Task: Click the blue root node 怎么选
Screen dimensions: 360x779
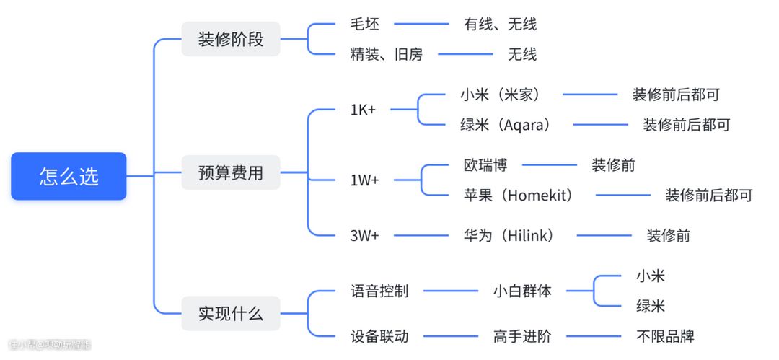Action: pos(69,176)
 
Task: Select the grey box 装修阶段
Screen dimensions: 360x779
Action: pos(231,39)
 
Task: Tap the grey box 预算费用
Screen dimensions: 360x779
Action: pos(231,173)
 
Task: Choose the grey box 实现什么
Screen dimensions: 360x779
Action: pos(231,314)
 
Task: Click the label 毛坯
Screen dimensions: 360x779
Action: pos(364,24)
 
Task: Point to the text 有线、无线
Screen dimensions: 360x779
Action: pos(500,24)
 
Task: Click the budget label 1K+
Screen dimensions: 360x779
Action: pos(364,110)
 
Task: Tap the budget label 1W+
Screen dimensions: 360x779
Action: pos(364,180)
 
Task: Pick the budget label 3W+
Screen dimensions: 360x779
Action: pos(364,235)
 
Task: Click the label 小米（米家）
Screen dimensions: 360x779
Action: pos(500,95)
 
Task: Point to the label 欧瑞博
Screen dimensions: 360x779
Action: pos(485,165)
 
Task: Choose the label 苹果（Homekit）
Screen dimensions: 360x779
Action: pos(518,195)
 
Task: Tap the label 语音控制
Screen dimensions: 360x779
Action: pos(379,291)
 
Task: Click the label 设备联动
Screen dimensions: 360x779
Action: pos(379,336)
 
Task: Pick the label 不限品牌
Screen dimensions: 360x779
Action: pos(665,336)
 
